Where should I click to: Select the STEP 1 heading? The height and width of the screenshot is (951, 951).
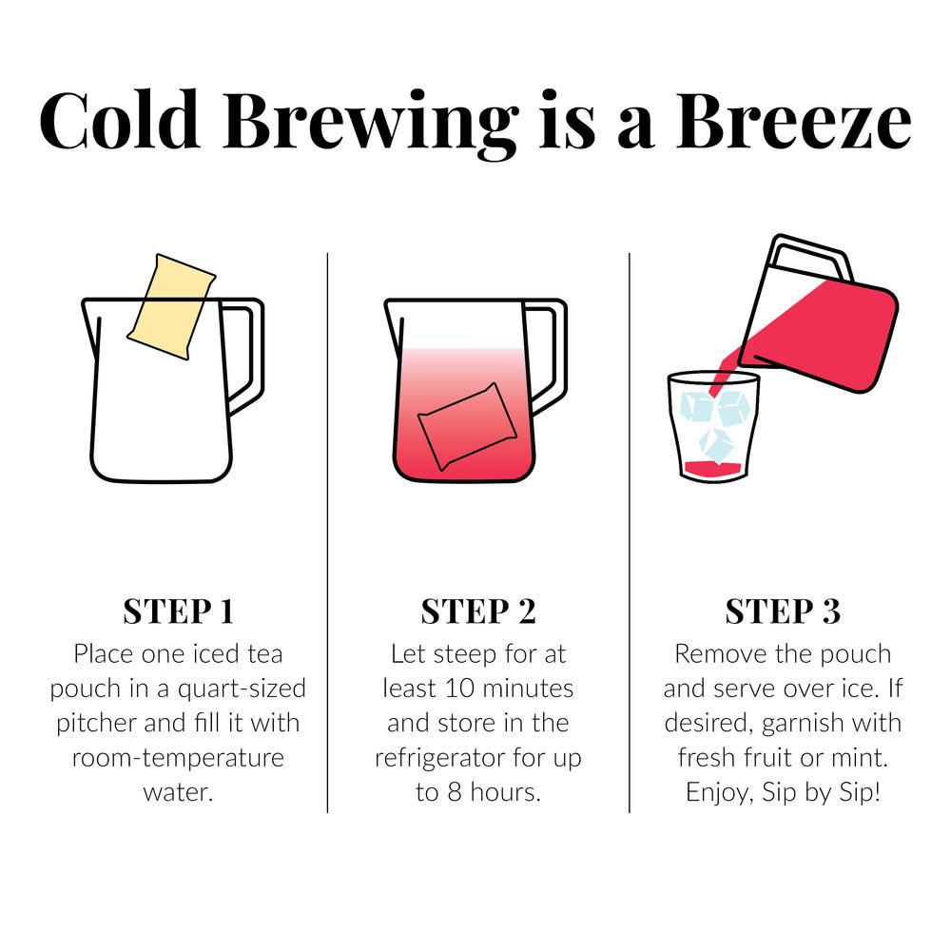pos(178,611)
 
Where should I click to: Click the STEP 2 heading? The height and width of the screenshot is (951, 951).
pos(478,611)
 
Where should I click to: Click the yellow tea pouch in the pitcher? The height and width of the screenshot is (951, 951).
pos(172,307)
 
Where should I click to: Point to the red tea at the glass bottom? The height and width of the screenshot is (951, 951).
pos(713,468)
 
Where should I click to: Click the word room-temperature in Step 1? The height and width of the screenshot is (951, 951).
pos(178,757)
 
